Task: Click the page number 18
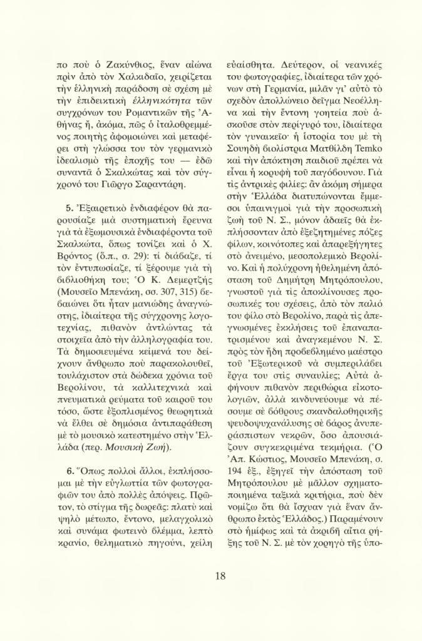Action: point(220,576)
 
